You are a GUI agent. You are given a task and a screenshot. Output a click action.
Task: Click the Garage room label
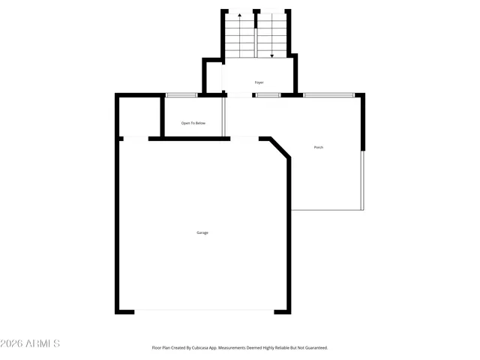pos(202,232)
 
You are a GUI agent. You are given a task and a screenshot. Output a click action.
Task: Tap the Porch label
pos(319,147)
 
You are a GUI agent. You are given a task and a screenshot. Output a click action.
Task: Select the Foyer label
pos(259,82)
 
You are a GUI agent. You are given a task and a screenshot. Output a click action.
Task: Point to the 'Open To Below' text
pos(193,123)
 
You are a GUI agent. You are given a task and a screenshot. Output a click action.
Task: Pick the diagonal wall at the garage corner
pos(280,148)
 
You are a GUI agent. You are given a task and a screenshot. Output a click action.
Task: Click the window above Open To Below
pos(181,94)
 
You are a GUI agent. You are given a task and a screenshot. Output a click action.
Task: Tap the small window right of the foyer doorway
pos(268,94)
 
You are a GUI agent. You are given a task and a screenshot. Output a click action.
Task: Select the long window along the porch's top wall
pos(329,94)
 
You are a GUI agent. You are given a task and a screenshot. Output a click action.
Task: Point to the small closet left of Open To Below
pos(140,116)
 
